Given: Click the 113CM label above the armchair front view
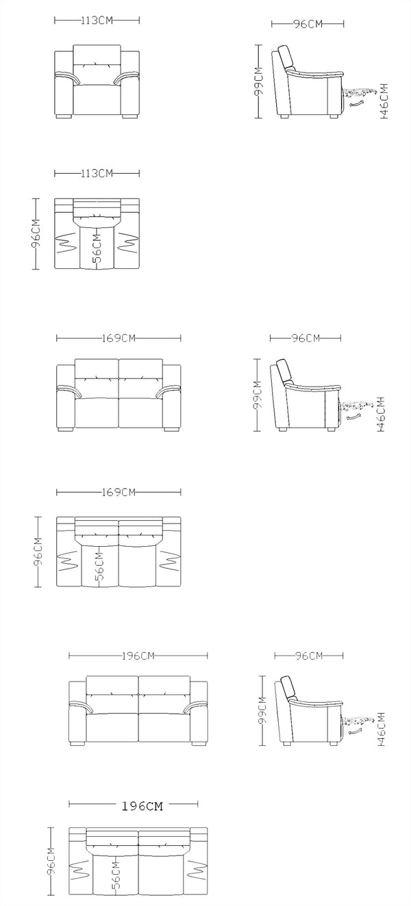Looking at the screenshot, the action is (97, 20).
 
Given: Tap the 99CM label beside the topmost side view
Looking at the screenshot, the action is (258, 81).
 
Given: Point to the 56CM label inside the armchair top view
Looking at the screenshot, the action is (97, 248).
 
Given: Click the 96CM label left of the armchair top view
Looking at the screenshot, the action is (36, 234).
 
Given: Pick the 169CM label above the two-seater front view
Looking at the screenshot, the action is (119, 338).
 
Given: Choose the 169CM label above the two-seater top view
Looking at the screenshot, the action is (119, 492).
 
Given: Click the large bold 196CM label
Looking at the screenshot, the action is (142, 807).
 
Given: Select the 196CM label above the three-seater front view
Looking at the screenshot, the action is (138, 656).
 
